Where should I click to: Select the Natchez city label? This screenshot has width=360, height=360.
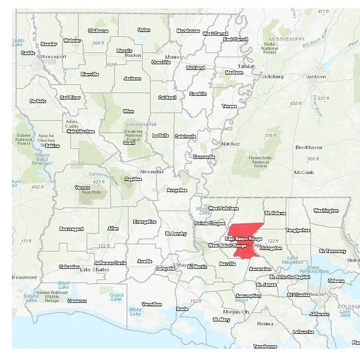pos(230,144)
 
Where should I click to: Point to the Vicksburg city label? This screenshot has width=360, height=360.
pos(273,77)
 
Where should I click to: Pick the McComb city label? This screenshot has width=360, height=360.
pos(304,172)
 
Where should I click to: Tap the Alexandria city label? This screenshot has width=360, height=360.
pos(151,171)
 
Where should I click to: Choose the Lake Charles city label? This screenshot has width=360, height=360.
pos(94,270)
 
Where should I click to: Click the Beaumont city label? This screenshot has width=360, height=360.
pos(24,277)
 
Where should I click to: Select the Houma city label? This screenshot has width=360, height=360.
pos(265,324)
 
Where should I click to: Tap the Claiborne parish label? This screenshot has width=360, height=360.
pos(99,30)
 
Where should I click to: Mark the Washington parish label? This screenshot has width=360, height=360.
pos(326,210)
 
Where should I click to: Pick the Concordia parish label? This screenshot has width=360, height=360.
pos(204,157)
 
